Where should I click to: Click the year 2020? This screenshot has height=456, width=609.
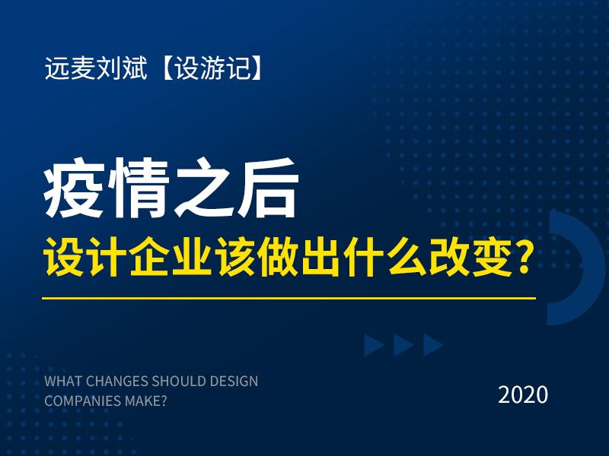523,394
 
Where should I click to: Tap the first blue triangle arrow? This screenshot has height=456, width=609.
373,346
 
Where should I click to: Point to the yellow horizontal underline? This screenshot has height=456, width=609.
289,298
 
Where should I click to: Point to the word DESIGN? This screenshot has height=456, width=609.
232,380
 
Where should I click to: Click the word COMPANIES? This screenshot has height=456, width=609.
79,401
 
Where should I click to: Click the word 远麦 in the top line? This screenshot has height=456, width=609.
65,71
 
